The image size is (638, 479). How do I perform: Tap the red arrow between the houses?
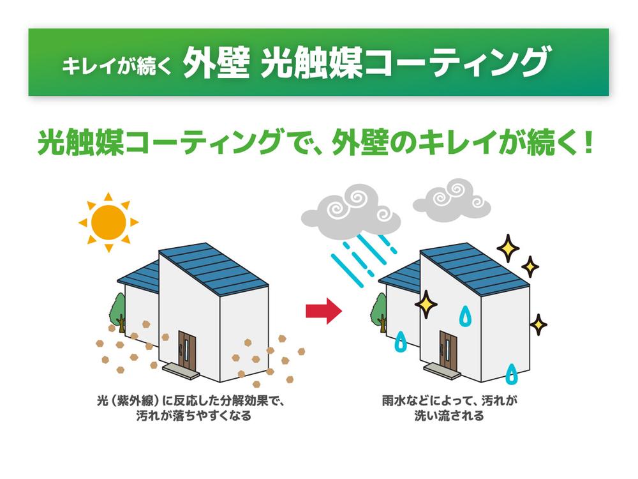324,310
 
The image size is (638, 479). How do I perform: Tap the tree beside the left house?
118,310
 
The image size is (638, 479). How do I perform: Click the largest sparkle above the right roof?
508,248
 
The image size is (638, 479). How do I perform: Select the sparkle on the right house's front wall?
426,305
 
